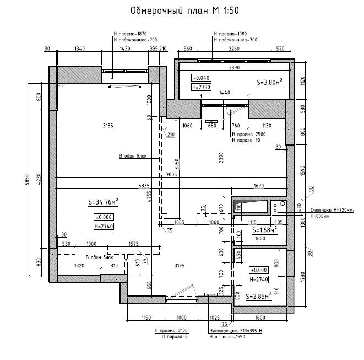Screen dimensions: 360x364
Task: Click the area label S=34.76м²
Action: tap(104, 202)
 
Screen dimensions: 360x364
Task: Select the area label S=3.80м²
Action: tap(269, 82)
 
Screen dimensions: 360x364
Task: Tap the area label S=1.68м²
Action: tap(264, 230)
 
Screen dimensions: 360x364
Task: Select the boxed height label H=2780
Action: tap(201, 87)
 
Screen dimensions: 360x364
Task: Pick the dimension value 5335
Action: tap(144, 186)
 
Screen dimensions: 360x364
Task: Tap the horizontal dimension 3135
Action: tap(108, 126)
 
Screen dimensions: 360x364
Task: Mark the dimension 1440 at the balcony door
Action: tap(225, 92)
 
